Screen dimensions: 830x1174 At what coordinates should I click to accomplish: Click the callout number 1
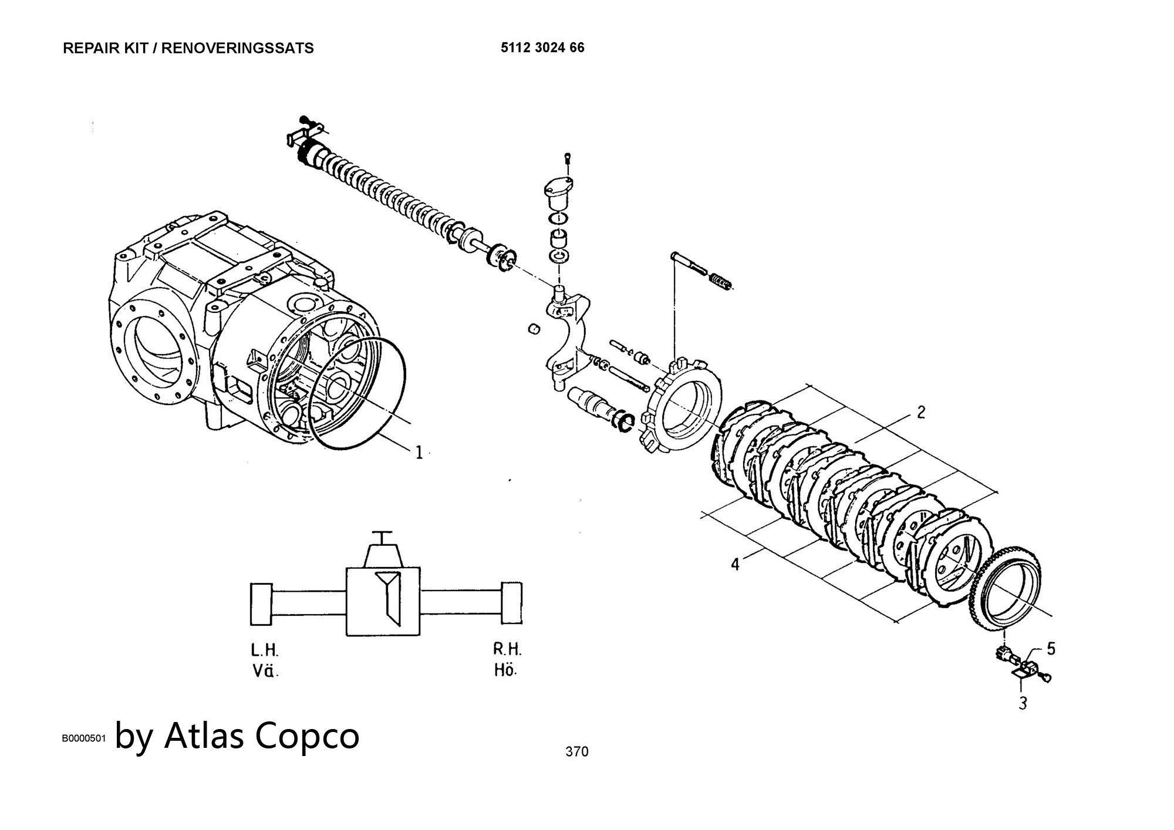tap(419, 452)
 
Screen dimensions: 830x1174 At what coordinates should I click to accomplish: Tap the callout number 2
tap(920, 412)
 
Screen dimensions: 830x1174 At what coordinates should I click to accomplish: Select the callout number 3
tap(1023, 703)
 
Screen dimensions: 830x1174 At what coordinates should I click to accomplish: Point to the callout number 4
tap(736, 564)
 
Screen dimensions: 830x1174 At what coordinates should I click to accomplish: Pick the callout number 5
tap(1051, 649)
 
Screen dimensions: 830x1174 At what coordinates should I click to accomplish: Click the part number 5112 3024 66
tap(542, 48)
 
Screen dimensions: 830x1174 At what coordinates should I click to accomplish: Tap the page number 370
tap(576, 751)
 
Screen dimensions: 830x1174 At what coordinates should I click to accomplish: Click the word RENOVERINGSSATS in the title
tap(237, 48)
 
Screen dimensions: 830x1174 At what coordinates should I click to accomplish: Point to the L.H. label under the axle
tap(265, 650)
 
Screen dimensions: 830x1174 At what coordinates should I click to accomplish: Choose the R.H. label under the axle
tap(507, 649)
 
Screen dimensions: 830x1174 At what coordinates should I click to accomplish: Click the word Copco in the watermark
tap(308, 735)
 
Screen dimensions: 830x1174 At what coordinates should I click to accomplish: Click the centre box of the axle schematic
tap(383, 601)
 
